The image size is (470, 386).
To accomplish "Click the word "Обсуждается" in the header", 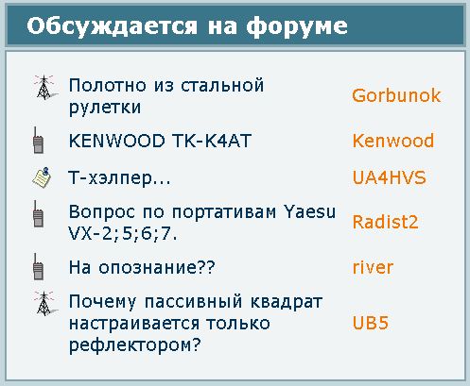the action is (112, 26).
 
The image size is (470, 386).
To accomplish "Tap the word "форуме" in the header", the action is (297, 25).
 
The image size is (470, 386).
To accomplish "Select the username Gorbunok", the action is (396, 95).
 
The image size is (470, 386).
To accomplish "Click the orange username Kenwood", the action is (393, 141).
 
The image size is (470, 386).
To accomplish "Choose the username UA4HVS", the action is (390, 177).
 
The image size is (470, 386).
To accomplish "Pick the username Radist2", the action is (385, 222).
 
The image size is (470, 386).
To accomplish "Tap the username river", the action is (373, 267).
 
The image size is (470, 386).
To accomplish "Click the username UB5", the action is (370, 323).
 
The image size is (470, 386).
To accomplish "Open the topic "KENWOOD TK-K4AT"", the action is (160, 141).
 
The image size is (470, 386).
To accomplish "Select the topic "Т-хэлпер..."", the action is (119, 178).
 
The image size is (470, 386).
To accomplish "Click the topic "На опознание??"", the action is (142, 267).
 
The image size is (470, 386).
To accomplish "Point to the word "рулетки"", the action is (105, 108).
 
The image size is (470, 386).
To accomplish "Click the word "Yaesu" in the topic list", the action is (309, 211).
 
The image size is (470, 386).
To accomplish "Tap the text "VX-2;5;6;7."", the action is (123, 233).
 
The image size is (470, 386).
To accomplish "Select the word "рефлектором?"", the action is (134, 345).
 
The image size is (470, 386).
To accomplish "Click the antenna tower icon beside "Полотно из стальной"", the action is (45, 87).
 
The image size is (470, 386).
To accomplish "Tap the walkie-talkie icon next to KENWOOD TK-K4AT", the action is (38, 141).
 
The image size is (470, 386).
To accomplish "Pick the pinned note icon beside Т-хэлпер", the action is (42, 177).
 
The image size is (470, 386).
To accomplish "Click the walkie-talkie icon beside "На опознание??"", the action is (38, 267).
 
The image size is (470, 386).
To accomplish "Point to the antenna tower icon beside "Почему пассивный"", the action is (45, 303).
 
